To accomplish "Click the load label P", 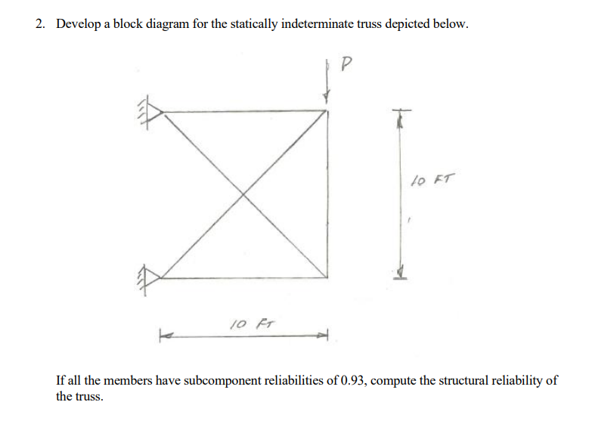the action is tap(346, 63).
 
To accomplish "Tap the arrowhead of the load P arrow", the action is tap(327, 97).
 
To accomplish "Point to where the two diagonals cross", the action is tap(243, 194).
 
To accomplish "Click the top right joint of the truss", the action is tap(327, 110).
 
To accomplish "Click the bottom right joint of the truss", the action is tap(327, 278).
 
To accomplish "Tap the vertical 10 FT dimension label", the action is tap(433, 179).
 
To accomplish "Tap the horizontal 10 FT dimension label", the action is tap(253, 324).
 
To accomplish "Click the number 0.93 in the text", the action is tap(354, 381).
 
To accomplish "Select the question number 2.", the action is tap(40, 23).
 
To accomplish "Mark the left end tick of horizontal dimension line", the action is tap(160, 336).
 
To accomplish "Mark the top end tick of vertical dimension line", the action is tap(401, 110).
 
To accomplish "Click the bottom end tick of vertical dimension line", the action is tap(400, 279).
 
